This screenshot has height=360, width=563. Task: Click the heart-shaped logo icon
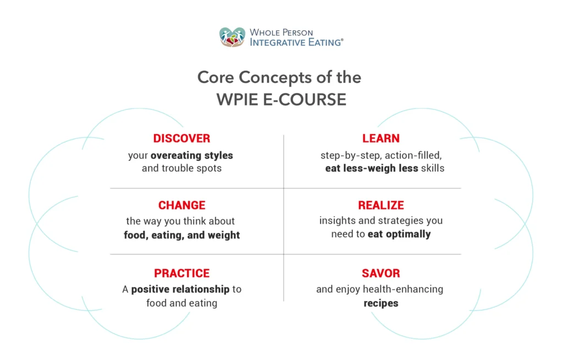pyautogui.click(x=233, y=37)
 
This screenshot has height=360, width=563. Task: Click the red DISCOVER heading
pyautogui.click(x=181, y=138)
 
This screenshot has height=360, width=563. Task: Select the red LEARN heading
pyautogui.click(x=381, y=138)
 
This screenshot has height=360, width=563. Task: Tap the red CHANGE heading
pyautogui.click(x=182, y=205)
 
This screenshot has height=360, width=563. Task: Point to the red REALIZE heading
pyautogui.click(x=381, y=205)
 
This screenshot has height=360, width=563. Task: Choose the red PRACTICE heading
pyautogui.click(x=182, y=273)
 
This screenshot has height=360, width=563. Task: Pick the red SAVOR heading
pyautogui.click(x=381, y=273)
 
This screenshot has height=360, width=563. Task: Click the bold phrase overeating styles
pyautogui.click(x=192, y=156)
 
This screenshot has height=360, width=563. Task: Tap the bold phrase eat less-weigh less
pyautogui.click(x=372, y=168)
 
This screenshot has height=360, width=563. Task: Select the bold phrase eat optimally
pyautogui.click(x=399, y=234)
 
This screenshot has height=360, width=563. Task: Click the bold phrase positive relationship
pyautogui.click(x=180, y=289)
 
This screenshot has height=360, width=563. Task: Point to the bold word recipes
pyautogui.click(x=381, y=303)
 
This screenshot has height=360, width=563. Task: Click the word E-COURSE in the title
pyautogui.click(x=305, y=99)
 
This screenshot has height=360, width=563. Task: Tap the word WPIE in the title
pyautogui.click(x=238, y=99)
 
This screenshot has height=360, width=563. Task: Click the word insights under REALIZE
pyautogui.click(x=336, y=221)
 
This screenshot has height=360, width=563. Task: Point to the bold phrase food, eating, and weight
pyautogui.click(x=182, y=235)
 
